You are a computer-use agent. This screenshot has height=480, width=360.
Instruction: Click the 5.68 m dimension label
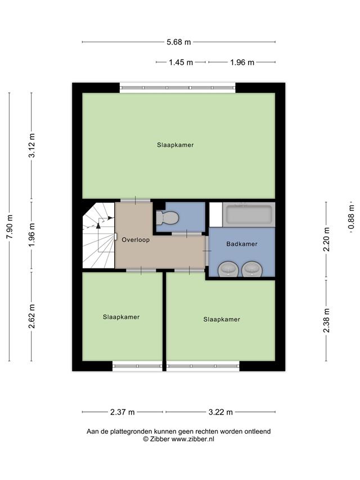178,42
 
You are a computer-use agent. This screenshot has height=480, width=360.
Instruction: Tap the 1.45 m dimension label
181,62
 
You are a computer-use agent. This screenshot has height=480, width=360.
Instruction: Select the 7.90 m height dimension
10,227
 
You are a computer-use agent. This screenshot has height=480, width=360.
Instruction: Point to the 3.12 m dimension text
32,145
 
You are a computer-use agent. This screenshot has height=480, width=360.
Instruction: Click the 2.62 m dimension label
32,316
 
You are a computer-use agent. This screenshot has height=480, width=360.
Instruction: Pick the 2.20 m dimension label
327,239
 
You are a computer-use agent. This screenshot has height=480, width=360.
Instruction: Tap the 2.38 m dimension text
327,320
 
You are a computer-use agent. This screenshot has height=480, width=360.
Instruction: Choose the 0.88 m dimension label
351,217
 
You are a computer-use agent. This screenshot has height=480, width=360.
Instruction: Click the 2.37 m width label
123,412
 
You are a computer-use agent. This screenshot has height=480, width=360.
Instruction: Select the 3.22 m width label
220,412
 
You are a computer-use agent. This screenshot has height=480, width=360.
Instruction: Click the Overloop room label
136,240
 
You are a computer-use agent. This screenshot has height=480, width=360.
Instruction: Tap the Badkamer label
242,244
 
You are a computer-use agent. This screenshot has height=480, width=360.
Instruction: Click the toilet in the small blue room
167,218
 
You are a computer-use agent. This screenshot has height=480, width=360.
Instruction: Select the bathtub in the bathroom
249,214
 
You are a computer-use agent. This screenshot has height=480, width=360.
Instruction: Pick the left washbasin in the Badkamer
228,270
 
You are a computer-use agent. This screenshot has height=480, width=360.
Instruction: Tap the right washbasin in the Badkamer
252,270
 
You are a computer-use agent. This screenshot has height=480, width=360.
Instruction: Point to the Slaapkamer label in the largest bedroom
175,145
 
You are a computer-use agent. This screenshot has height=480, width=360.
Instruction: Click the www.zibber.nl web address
192,439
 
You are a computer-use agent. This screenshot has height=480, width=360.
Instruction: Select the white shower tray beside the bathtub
216,214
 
